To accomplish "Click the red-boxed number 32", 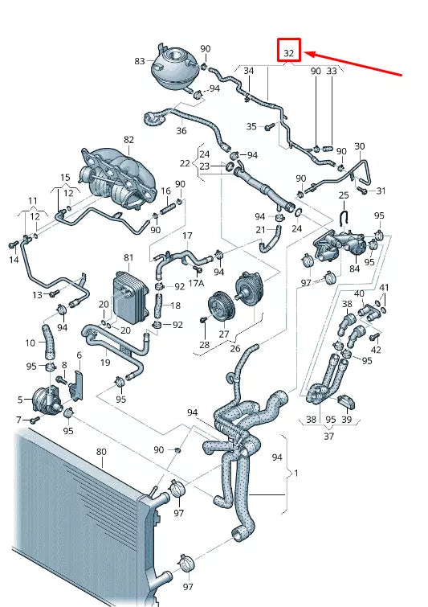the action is (289, 53).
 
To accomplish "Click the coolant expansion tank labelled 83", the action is (172, 65).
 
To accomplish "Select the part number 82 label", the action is (128, 140).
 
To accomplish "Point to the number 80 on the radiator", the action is (101, 451).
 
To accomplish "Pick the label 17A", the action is (196, 283).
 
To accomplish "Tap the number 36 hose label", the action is (181, 130).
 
